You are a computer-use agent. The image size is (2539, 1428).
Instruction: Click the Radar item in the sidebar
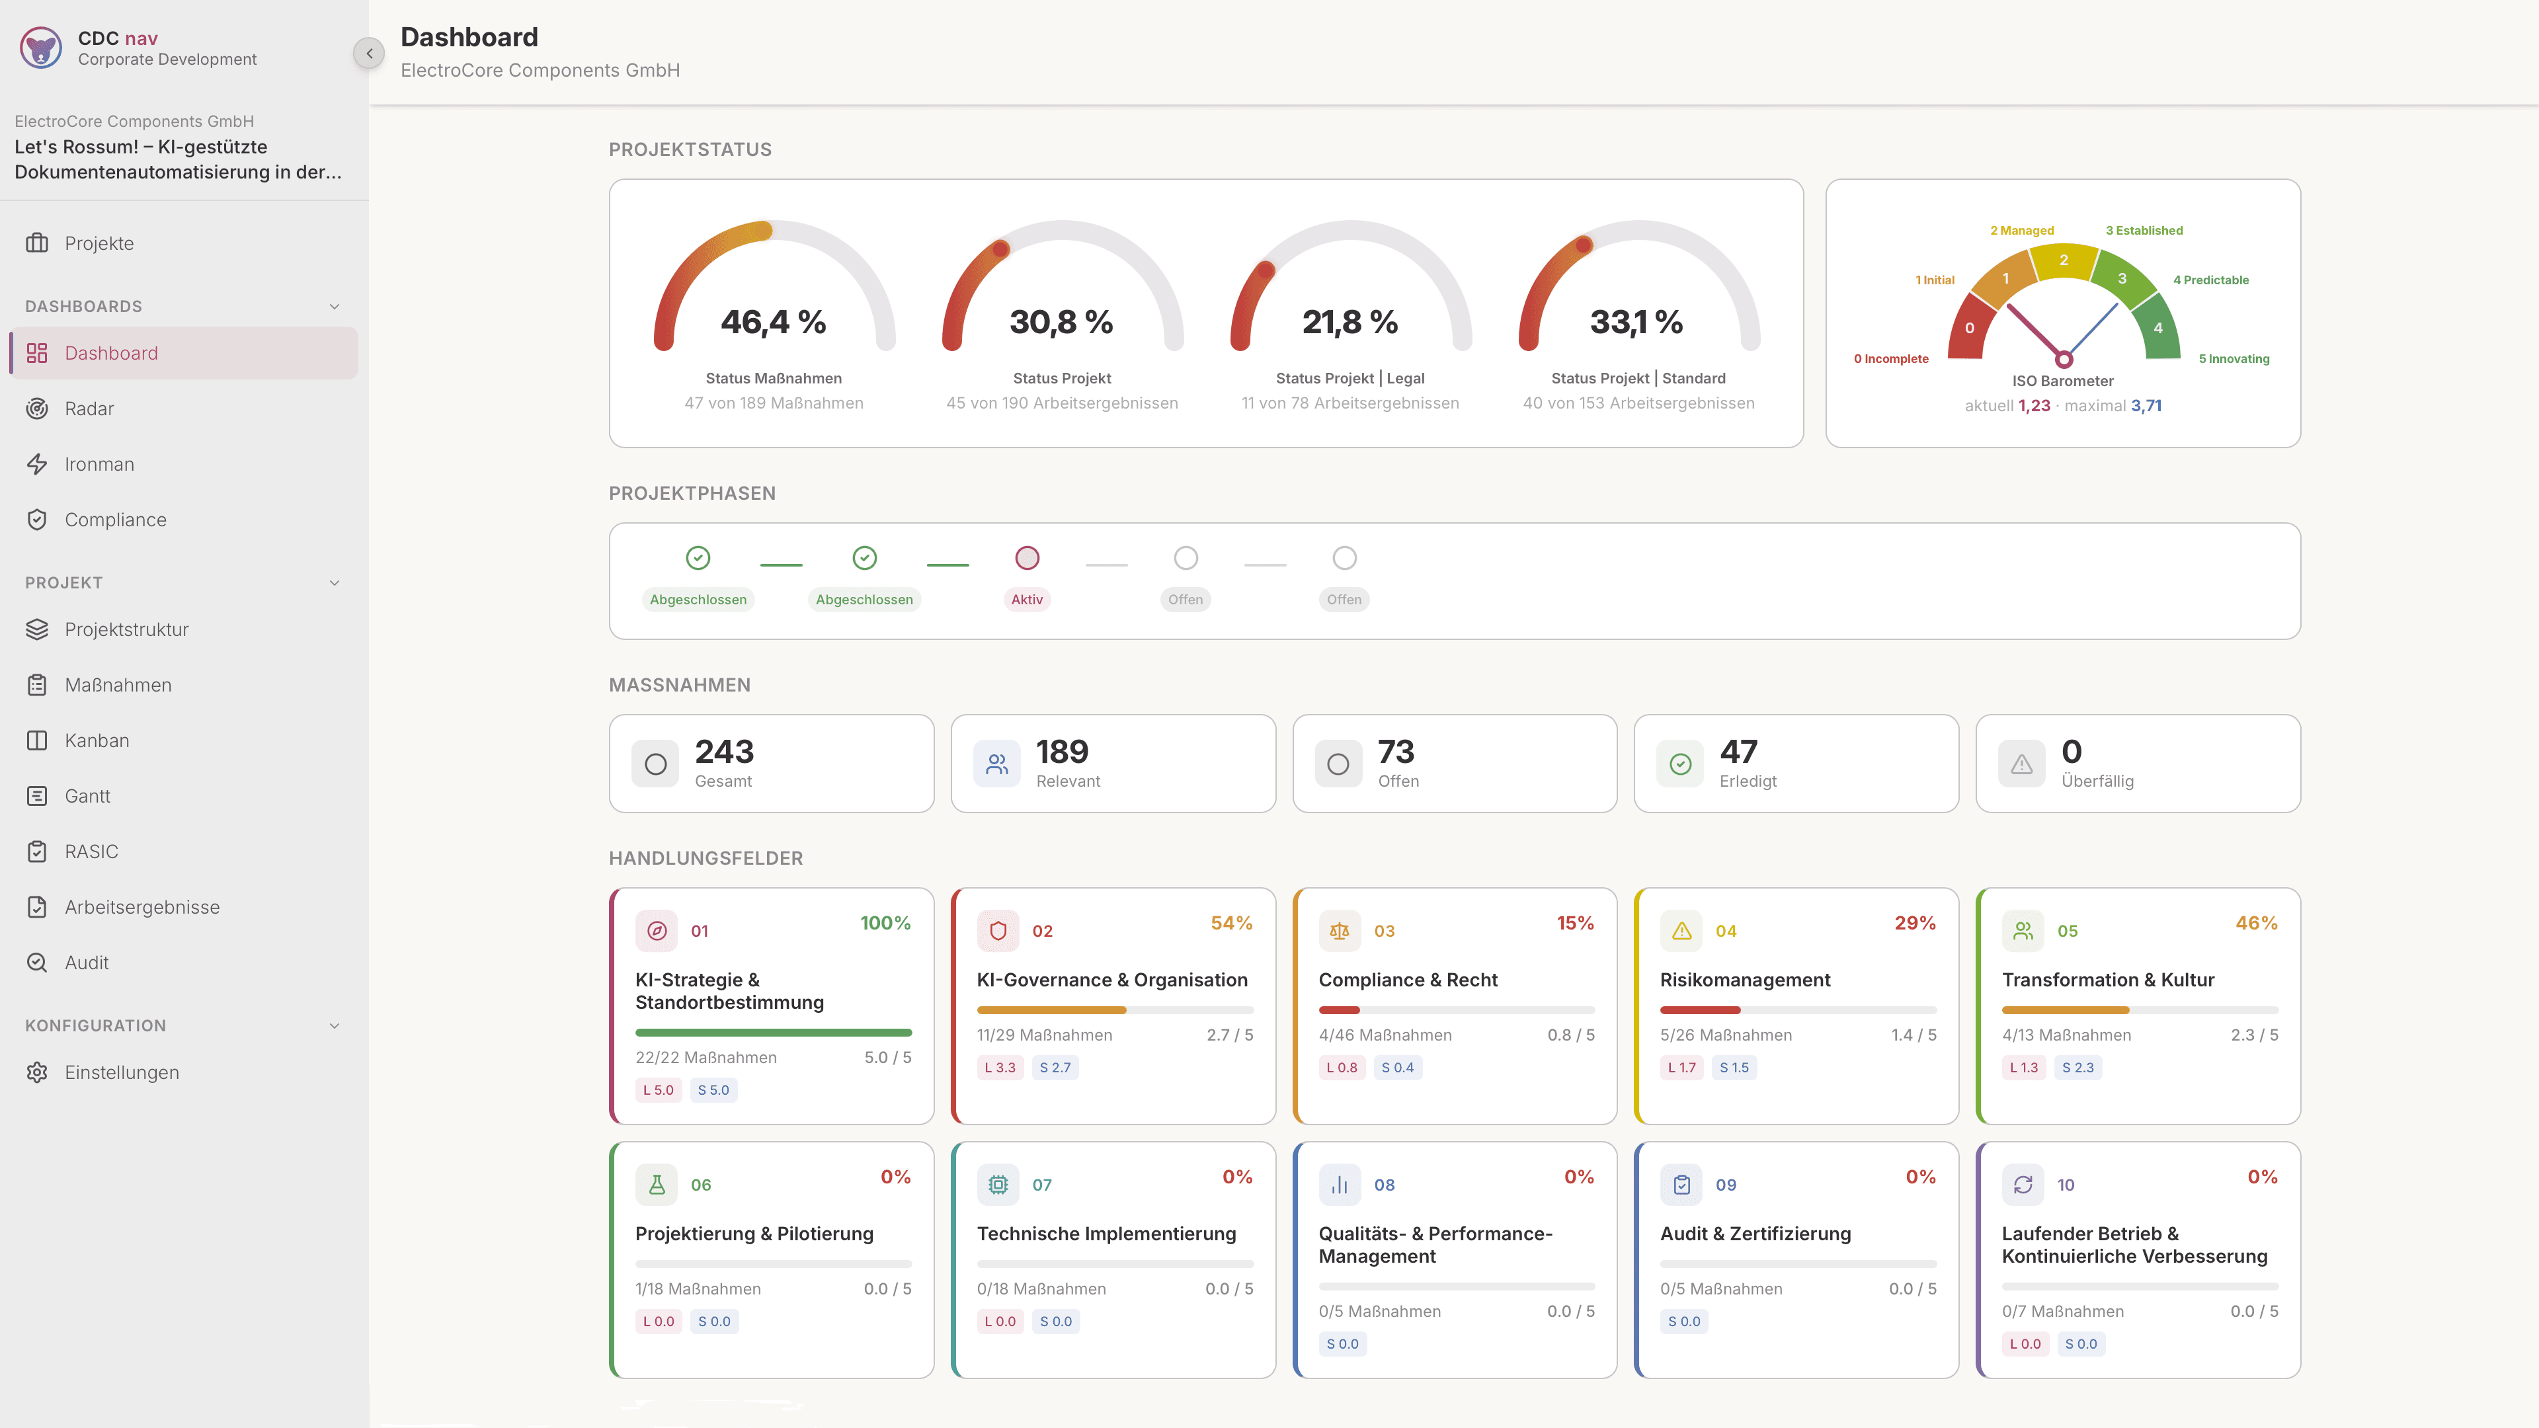click(x=89, y=408)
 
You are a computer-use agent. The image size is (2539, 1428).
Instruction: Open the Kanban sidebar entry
click(x=97, y=740)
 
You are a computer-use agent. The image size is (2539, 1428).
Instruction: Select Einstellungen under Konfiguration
click(x=121, y=1072)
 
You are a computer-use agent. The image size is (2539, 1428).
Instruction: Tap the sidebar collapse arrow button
click(x=369, y=53)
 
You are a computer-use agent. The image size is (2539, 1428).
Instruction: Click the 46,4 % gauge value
click(x=773, y=322)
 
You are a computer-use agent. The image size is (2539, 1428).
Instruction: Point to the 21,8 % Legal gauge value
click(x=1350, y=322)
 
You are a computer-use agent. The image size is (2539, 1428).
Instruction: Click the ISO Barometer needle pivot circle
click(x=2063, y=360)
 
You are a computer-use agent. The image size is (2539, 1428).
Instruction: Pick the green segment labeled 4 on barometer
click(x=2157, y=327)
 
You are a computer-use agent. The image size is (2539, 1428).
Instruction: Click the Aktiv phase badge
click(x=1026, y=599)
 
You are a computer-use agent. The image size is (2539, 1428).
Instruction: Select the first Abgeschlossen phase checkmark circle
click(x=698, y=558)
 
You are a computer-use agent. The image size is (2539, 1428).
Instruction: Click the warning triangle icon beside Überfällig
click(x=2021, y=764)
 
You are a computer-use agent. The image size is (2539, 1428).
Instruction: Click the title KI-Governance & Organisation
click(x=1111, y=980)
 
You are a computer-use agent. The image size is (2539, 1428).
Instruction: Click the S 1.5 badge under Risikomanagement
click(x=1734, y=1067)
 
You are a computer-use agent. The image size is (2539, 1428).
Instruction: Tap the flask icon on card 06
click(x=657, y=1185)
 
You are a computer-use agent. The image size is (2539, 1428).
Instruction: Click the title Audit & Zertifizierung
click(x=1755, y=1234)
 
